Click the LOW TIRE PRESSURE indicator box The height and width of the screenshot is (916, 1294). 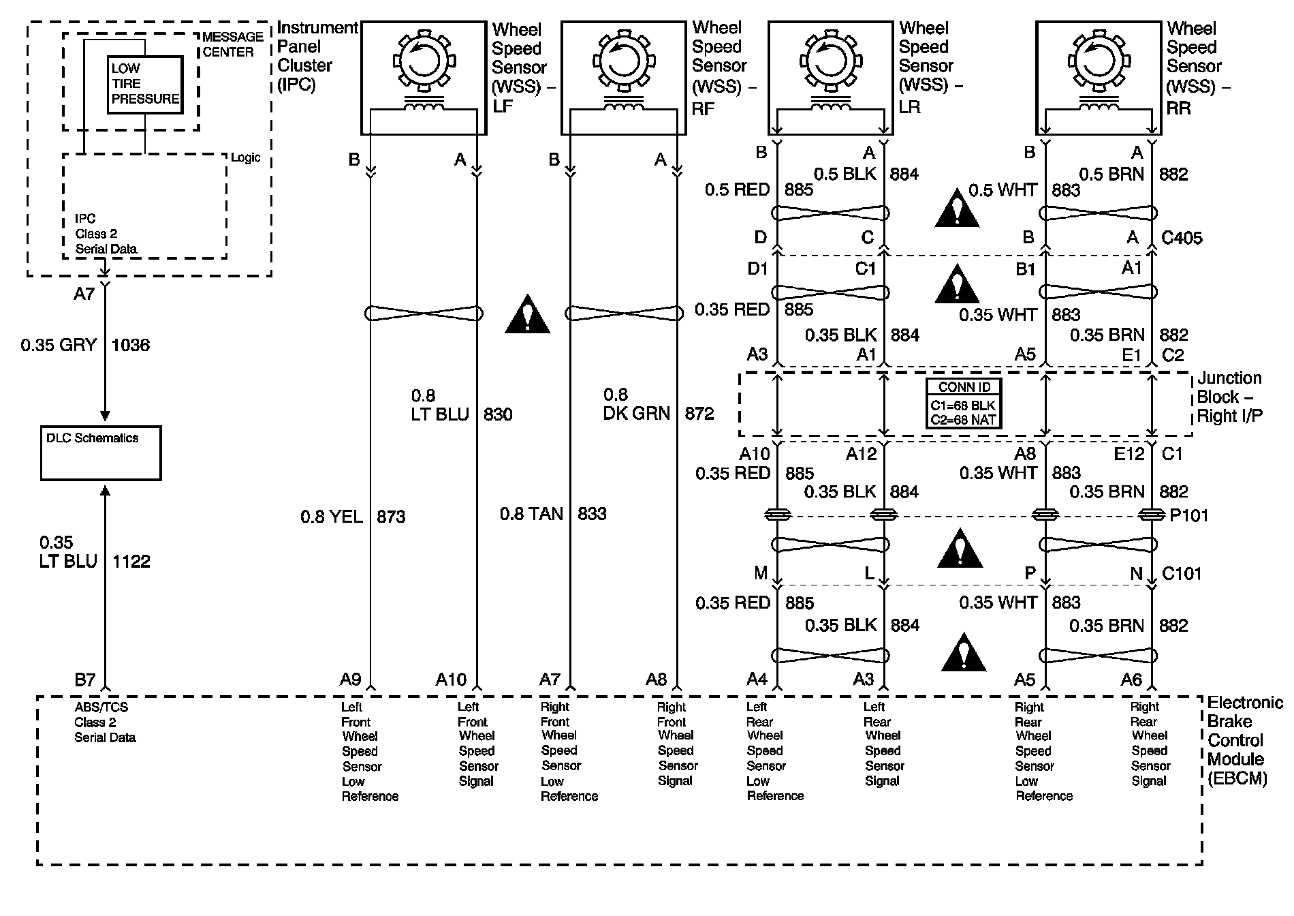coord(145,84)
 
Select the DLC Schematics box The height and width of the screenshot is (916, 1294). coord(101,453)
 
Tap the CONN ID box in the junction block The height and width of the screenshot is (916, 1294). coord(964,403)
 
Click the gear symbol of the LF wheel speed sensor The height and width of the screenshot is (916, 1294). coord(422,61)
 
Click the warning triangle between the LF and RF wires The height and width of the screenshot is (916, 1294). coord(527,316)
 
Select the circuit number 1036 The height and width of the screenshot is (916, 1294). coord(130,345)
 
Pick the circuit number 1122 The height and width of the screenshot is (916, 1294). coord(131,561)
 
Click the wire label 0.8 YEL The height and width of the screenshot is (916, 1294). coord(332,517)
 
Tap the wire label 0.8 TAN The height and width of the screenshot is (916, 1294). coord(531,514)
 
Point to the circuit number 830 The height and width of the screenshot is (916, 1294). coord(498,414)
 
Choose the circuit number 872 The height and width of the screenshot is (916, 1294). coord(699,413)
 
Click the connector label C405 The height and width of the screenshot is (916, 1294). coord(1182,238)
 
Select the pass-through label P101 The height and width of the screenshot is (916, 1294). coord(1188,515)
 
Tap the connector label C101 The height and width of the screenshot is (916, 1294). coord(1182,574)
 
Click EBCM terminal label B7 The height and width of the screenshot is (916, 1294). coord(85,680)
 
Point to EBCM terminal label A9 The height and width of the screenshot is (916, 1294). coord(350,680)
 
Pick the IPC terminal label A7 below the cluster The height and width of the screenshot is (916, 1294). coord(84,294)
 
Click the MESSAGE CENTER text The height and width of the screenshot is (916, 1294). coord(233,44)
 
